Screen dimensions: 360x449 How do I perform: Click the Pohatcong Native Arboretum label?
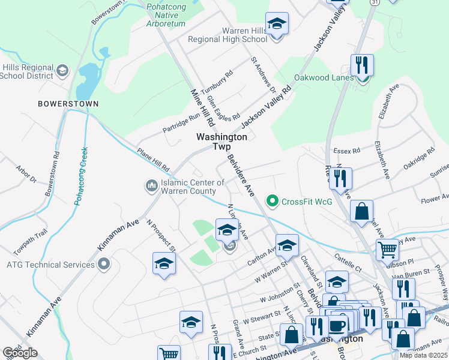(x=166, y=16)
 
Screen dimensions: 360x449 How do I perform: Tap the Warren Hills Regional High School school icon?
(x=277, y=25)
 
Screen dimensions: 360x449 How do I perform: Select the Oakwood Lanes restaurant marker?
(x=362, y=65)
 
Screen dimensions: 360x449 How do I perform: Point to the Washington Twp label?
(x=221, y=142)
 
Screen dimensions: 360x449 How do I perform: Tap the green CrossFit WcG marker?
(x=273, y=201)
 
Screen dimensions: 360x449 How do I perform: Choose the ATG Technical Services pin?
(x=104, y=264)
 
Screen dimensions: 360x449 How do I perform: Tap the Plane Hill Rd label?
(x=153, y=159)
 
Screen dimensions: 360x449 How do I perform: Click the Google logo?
(x=20, y=352)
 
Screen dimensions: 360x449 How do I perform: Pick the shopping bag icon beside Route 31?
(x=361, y=211)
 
